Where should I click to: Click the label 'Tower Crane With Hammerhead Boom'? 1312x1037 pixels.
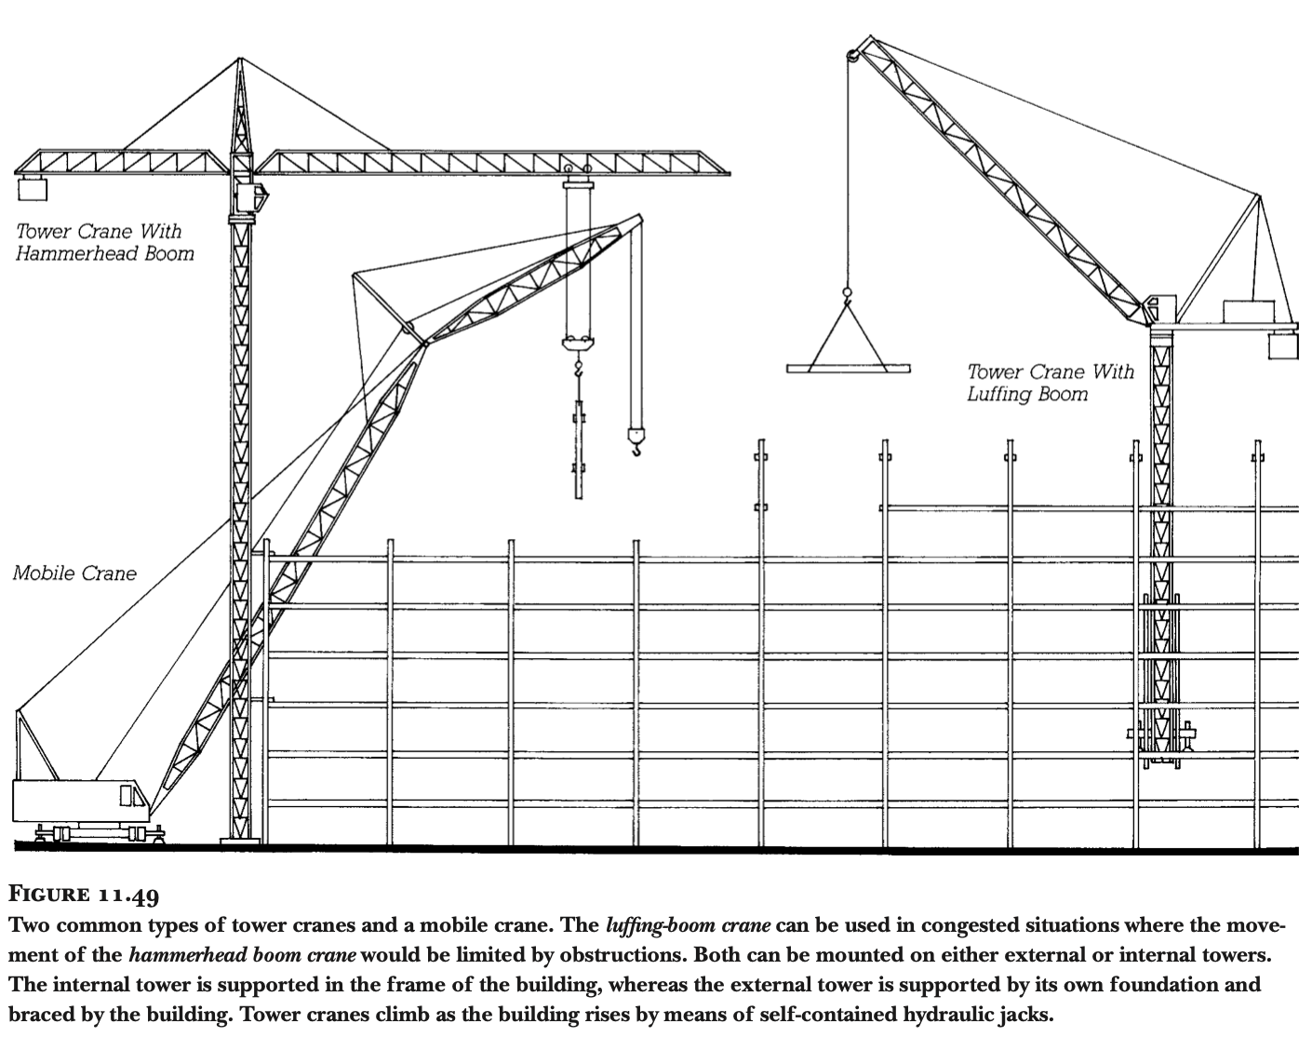tap(104, 242)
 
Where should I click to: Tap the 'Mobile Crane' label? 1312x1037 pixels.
tap(74, 573)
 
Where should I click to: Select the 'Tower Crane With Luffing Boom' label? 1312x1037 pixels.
tap(1051, 383)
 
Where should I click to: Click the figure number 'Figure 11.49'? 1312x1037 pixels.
tap(84, 896)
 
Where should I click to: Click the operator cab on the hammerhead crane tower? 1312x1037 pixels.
tap(252, 197)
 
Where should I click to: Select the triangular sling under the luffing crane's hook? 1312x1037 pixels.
tap(847, 335)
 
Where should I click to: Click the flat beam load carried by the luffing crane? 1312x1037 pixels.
tap(847, 369)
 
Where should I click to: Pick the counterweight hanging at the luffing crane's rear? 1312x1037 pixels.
tap(1282, 345)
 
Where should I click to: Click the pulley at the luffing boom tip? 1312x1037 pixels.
tap(851, 56)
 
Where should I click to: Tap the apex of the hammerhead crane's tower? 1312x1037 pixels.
tap(239, 63)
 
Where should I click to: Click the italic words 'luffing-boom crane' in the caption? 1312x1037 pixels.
tap(688, 926)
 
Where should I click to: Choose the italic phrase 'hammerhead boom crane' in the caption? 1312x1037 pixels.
tap(243, 955)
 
